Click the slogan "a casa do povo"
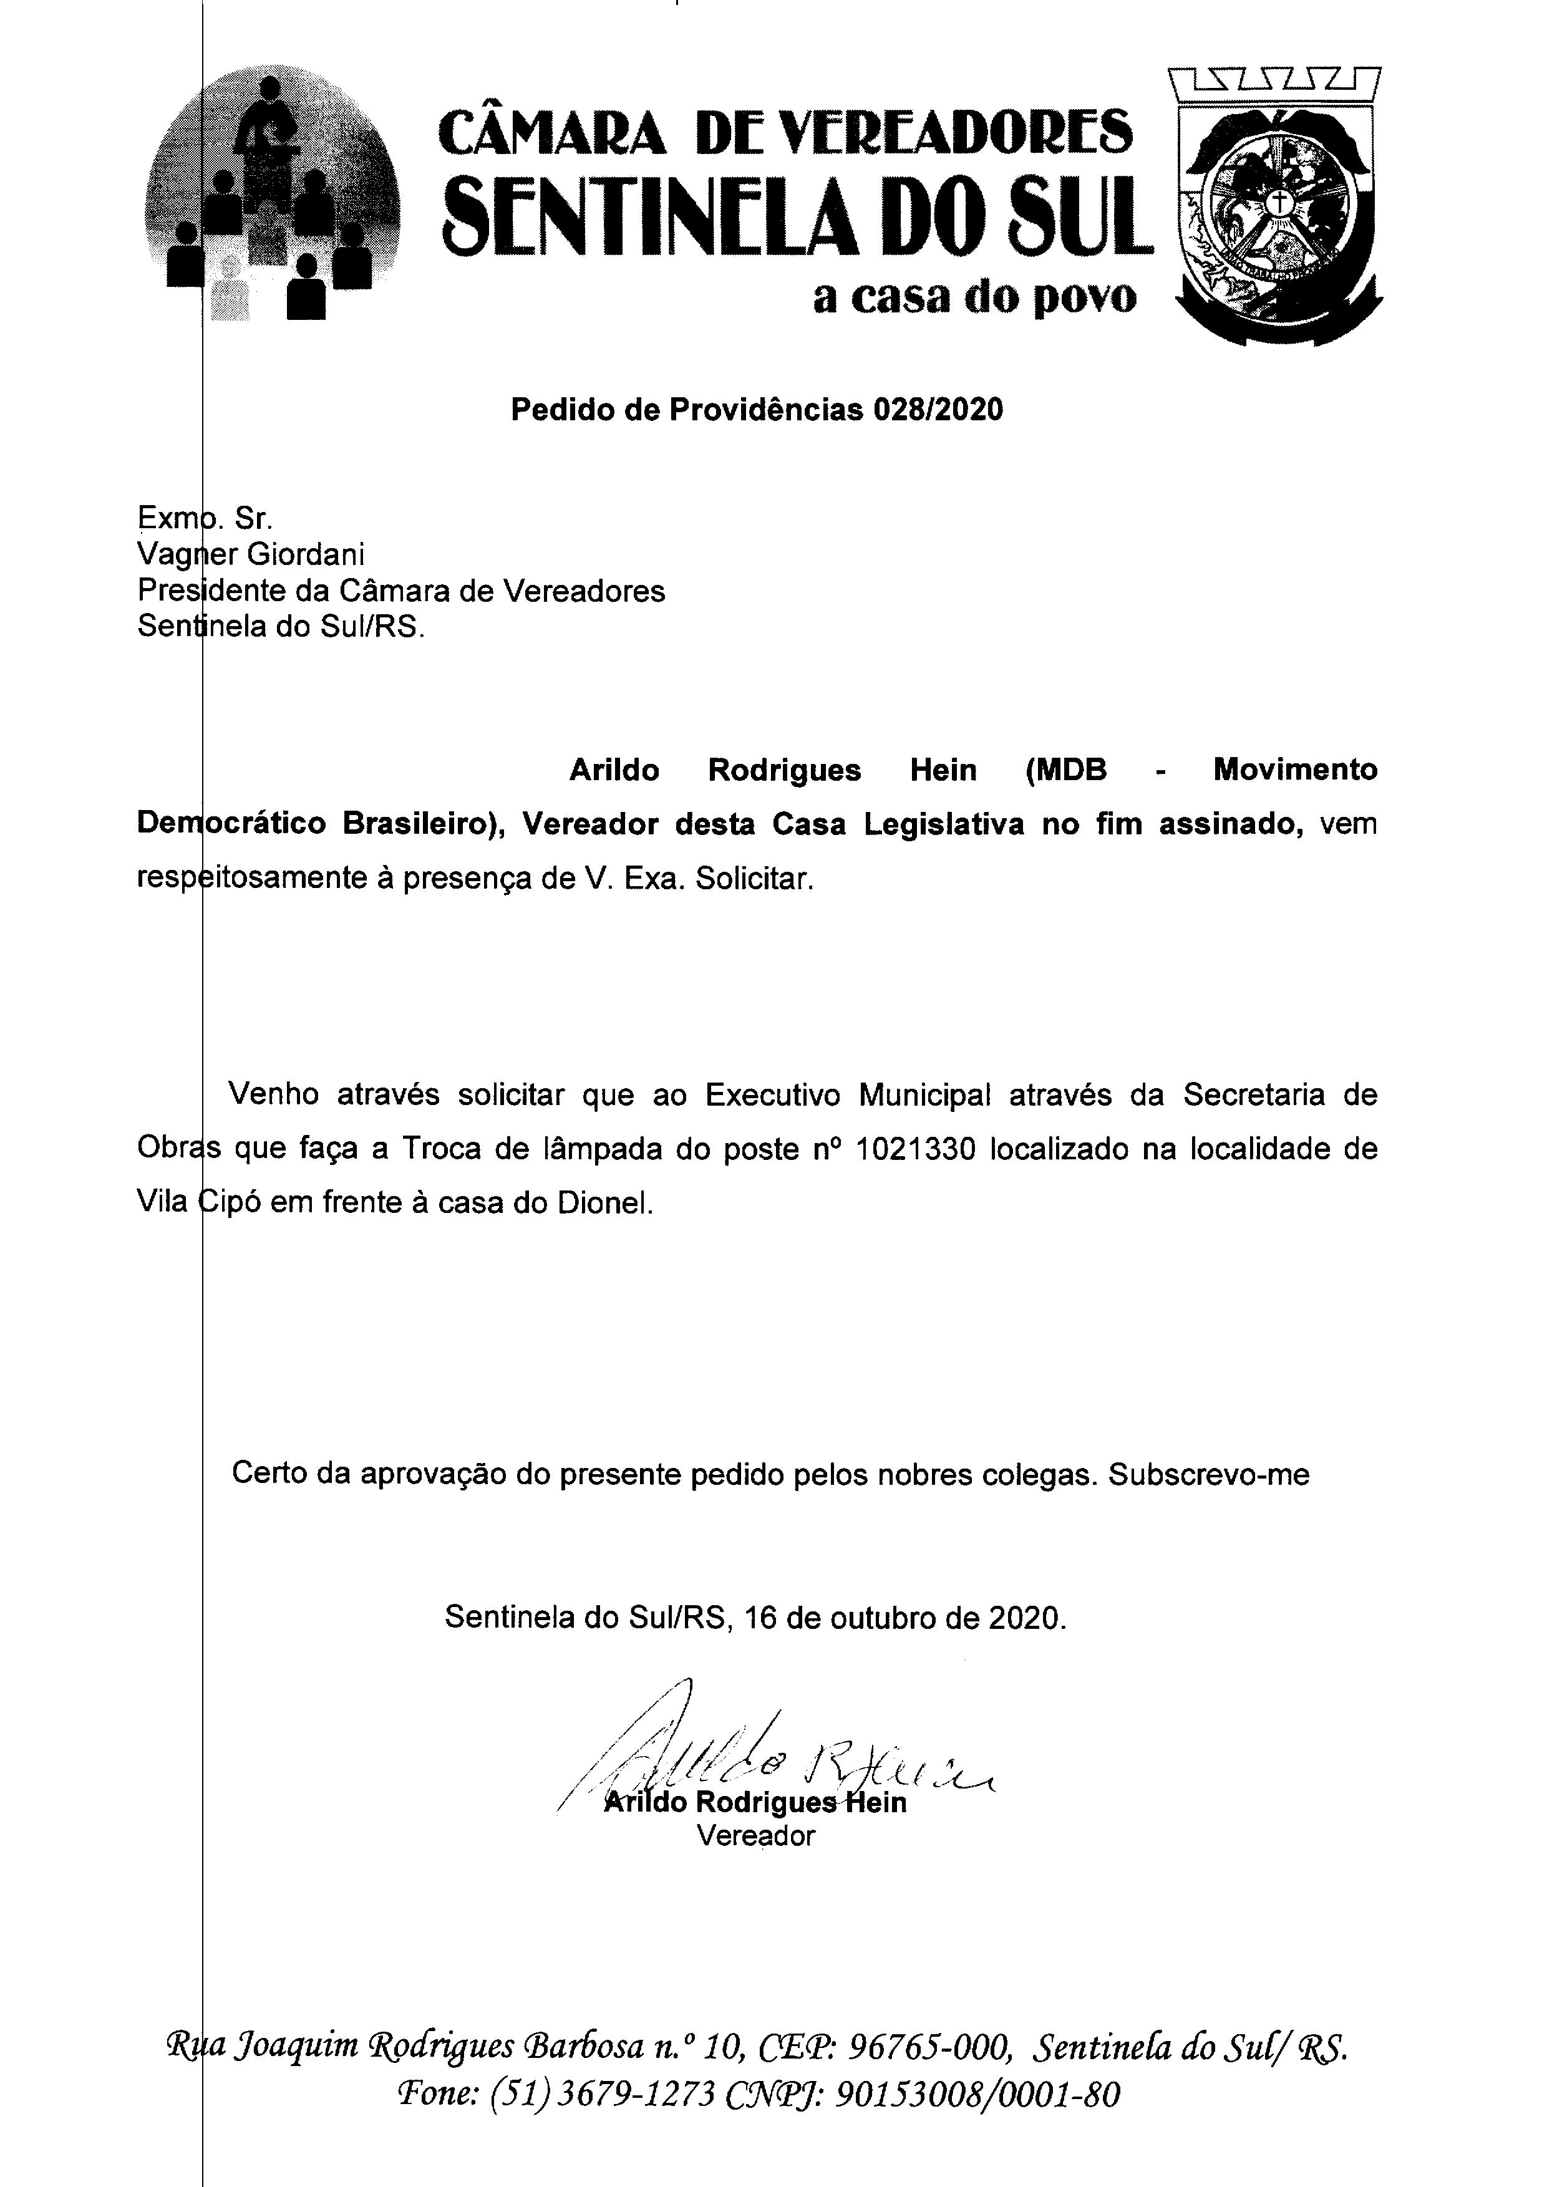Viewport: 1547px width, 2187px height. click(974, 297)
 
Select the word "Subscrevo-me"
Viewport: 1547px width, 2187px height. click(1209, 1474)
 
